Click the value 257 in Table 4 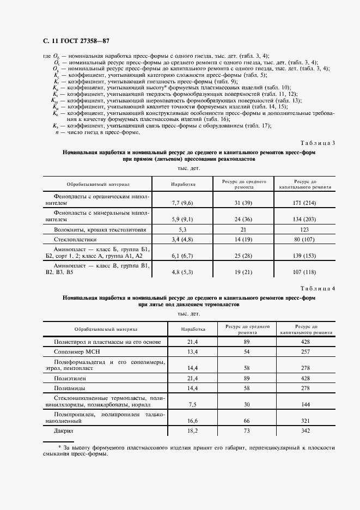tap(305, 352)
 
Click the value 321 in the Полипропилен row tap(305, 421)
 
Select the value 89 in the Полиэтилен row tap(247, 378)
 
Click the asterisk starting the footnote tap(45, 447)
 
